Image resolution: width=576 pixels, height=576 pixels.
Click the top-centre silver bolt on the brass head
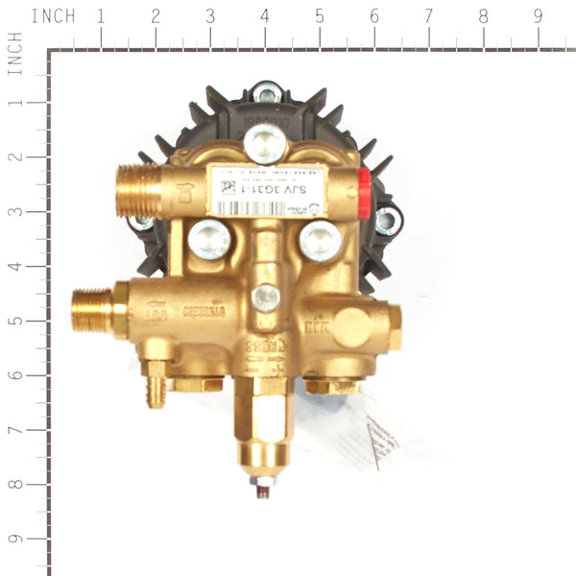click(264, 144)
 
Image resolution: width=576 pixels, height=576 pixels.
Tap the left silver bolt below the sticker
click(208, 238)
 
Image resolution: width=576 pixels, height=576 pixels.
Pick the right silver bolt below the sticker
click(320, 239)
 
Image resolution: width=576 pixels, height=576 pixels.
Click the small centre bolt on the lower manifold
click(266, 298)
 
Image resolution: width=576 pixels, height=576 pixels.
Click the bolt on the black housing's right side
click(386, 221)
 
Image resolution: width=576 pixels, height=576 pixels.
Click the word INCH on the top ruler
click(53, 16)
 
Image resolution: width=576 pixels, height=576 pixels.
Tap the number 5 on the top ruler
click(319, 16)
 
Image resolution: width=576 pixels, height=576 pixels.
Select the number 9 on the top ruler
click(537, 16)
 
